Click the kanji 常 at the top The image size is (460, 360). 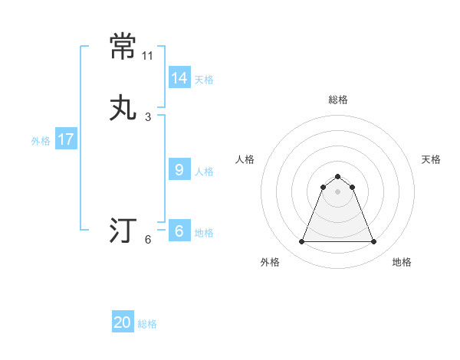(123, 46)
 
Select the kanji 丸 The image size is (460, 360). (123, 107)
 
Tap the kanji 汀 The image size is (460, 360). (123, 230)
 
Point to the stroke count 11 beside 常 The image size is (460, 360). (148, 56)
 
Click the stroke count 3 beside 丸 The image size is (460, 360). (148, 117)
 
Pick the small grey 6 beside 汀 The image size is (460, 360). (148, 240)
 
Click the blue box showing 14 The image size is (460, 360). (179, 78)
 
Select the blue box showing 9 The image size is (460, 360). (179, 170)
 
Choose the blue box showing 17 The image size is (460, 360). (65, 139)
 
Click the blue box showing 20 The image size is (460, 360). (123, 323)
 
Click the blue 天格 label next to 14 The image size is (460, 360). (204, 79)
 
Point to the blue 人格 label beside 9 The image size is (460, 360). (204, 171)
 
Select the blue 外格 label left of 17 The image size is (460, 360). (41, 140)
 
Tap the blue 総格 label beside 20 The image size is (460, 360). (147, 324)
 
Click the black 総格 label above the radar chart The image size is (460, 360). (338, 100)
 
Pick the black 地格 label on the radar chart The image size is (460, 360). (402, 262)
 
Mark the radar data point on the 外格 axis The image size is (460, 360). (301, 242)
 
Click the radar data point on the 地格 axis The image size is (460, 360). (374, 242)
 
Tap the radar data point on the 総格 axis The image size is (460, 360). (338, 176)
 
